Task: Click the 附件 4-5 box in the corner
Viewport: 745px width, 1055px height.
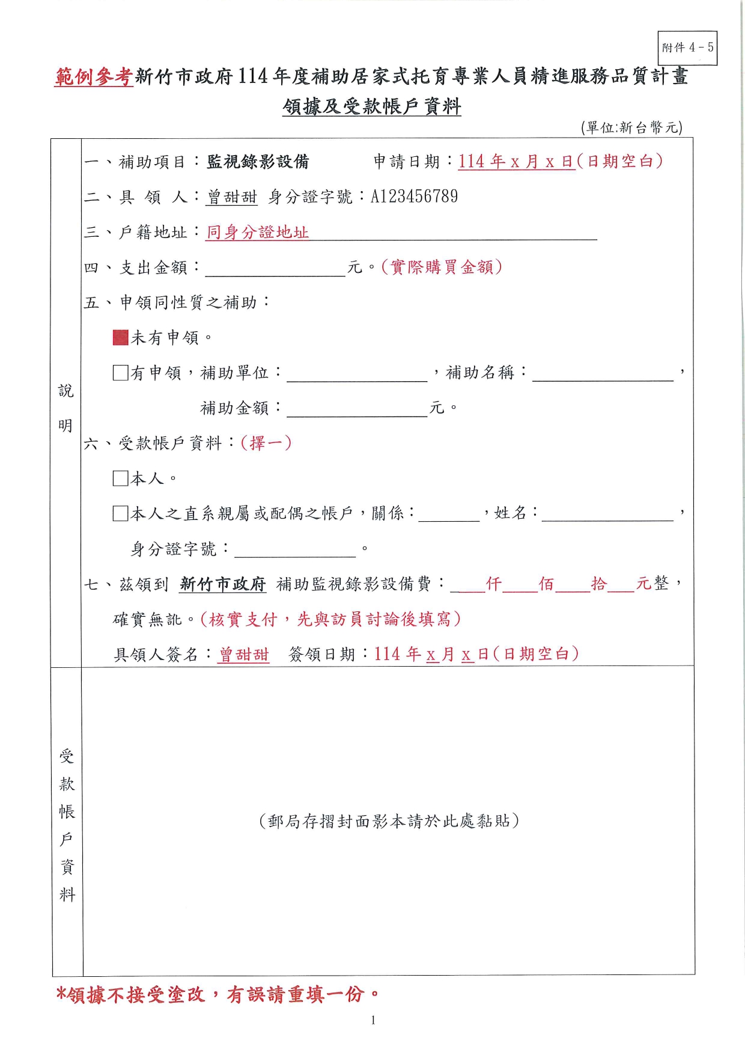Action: click(687, 48)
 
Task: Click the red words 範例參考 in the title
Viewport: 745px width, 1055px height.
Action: click(94, 77)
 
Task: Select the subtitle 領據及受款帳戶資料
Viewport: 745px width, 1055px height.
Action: click(372, 107)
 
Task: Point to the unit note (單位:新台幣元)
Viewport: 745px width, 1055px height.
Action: click(631, 127)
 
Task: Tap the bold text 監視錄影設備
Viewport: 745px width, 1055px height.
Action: click(258, 162)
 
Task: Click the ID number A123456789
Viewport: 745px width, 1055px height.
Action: click(414, 197)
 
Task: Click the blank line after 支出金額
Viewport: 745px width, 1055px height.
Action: click(275, 269)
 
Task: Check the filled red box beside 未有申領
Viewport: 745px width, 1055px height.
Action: click(121, 338)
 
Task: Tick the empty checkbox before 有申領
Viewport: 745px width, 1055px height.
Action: click(121, 373)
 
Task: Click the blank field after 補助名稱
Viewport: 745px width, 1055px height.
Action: click(603, 375)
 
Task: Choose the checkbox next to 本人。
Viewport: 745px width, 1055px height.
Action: click(121, 479)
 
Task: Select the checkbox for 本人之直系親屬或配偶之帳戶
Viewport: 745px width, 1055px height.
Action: click(121, 513)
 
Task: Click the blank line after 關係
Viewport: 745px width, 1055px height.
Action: click(449, 515)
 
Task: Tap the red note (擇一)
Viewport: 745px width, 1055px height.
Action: click(266, 444)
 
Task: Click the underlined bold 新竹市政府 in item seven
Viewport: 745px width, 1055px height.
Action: click(223, 584)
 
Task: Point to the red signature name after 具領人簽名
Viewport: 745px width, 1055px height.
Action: click(244, 655)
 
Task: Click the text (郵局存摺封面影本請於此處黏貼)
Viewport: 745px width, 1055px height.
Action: click(389, 821)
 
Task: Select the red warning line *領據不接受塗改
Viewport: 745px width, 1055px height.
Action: click(217, 994)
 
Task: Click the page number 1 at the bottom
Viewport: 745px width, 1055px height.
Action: click(373, 1020)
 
